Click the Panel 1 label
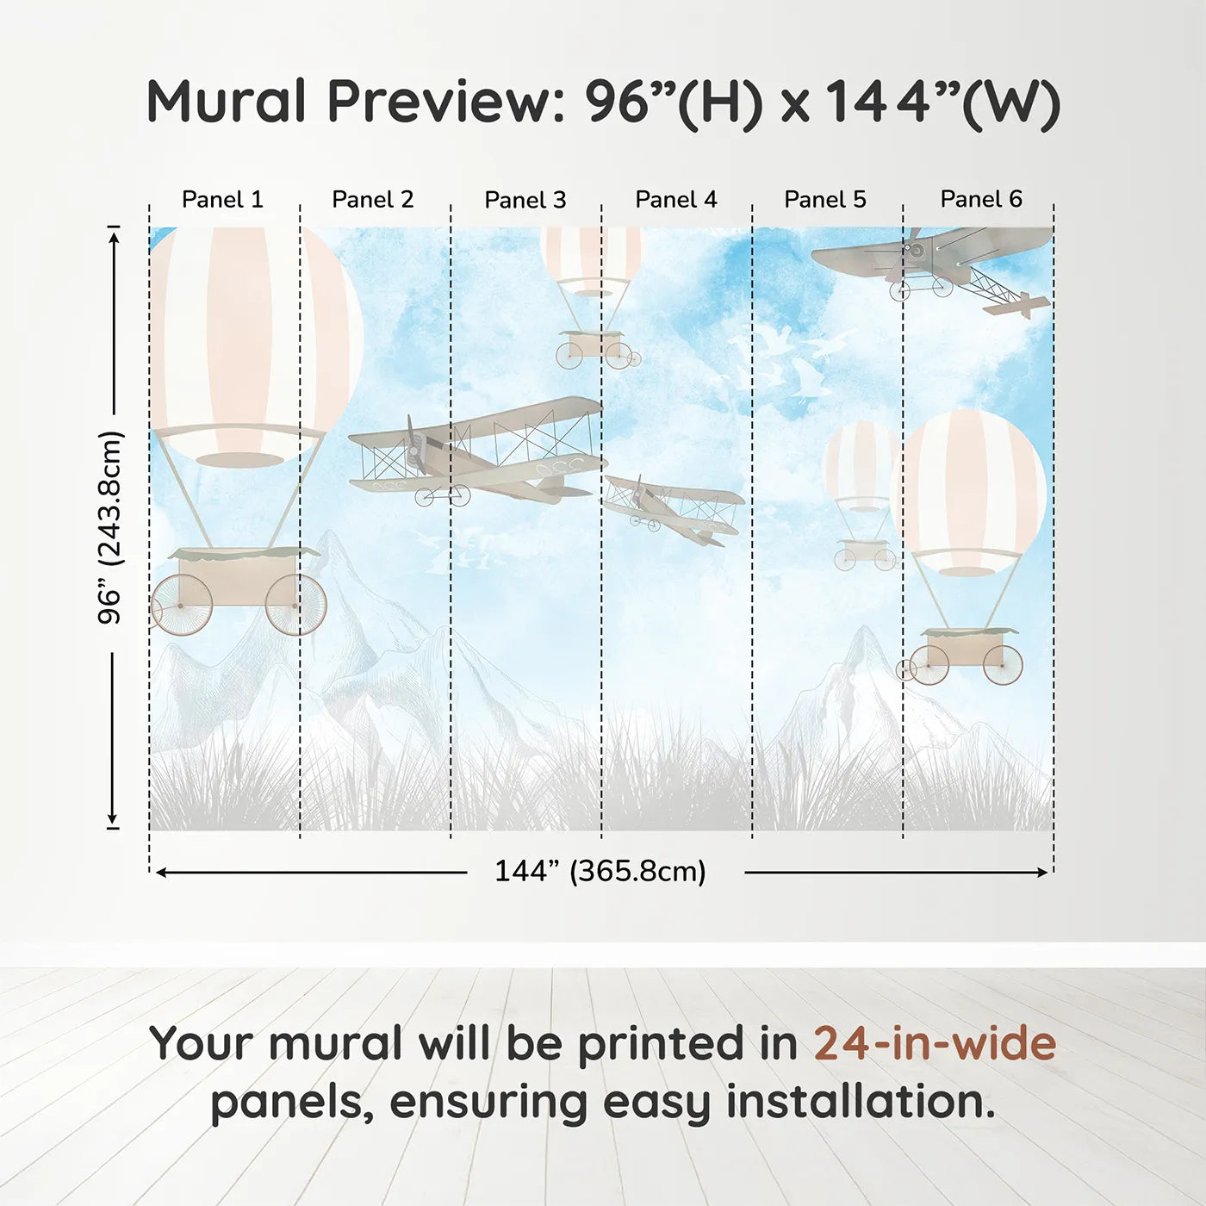pyautogui.click(x=222, y=199)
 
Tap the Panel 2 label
pyautogui.click(x=372, y=199)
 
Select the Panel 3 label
pyautogui.click(x=525, y=200)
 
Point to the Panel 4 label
pyautogui.click(x=675, y=199)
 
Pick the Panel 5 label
pyautogui.click(x=824, y=199)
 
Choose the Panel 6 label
pyautogui.click(x=980, y=199)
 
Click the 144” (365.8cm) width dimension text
pyautogui.click(x=600, y=871)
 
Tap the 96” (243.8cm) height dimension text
pyautogui.click(x=110, y=527)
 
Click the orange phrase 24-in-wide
pyautogui.click(x=935, y=1043)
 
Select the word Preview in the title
pyautogui.click(x=445, y=102)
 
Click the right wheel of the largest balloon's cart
pyautogui.click(x=295, y=605)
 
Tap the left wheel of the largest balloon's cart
pyautogui.click(x=182, y=605)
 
